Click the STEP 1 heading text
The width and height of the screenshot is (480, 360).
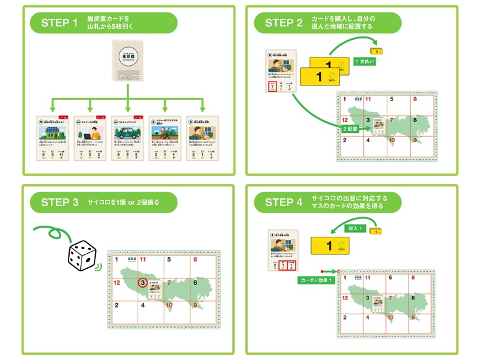(59, 23)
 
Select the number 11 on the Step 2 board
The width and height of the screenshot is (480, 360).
(368, 99)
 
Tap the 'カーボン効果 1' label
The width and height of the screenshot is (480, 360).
(316, 279)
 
